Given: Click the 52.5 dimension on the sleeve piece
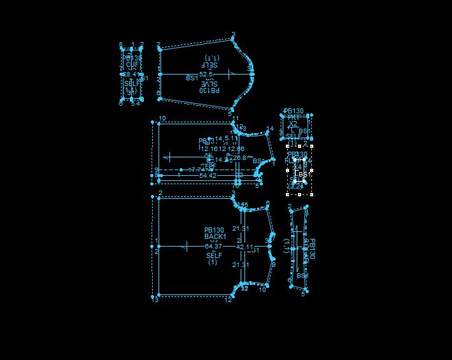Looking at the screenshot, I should click(x=206, y=74).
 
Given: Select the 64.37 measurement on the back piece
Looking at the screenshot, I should click(x=213, y=246).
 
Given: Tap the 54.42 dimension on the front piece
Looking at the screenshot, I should click(x=208, y=175).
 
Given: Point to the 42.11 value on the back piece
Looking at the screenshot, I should click(x=245, y=247).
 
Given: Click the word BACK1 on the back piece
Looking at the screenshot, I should click(x=215, y=236).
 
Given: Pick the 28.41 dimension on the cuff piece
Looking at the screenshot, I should click(x=131, y=75).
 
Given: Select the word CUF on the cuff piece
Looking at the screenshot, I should click(x=132, y=64).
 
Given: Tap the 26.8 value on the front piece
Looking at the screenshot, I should click(x=239, y=157).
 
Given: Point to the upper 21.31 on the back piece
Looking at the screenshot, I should click(x=241, y=228).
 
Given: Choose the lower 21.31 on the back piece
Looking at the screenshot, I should click(x=241, y=264).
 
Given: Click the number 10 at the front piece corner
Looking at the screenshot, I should click(x=162, y=119).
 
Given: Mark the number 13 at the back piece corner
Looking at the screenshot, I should click(x=155, y=299).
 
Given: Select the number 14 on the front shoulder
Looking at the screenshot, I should click(x=270, y=129).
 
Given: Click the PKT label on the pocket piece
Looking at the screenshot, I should click(x=293, y=117).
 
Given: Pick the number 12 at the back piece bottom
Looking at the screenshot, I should click(x=228, y=300).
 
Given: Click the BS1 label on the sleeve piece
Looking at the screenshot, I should click(x=192, y=78).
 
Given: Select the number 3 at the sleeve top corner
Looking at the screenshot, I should click(x=233, y=34).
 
